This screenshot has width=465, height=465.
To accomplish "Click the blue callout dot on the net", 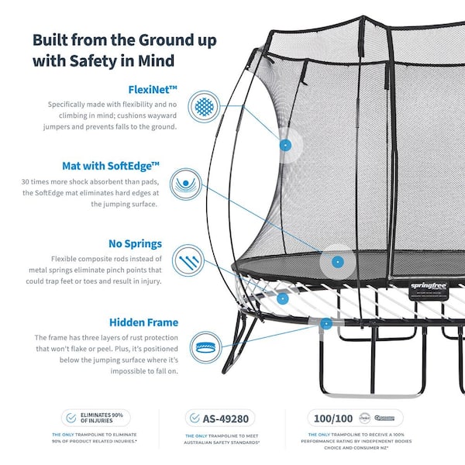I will coord(284,145).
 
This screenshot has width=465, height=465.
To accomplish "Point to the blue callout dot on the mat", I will coord(337,261).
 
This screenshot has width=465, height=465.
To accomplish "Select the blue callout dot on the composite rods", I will coord(283,298).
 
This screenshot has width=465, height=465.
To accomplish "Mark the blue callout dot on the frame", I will coord(326,323).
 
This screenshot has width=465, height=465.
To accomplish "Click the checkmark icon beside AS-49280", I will coord(195,418).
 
